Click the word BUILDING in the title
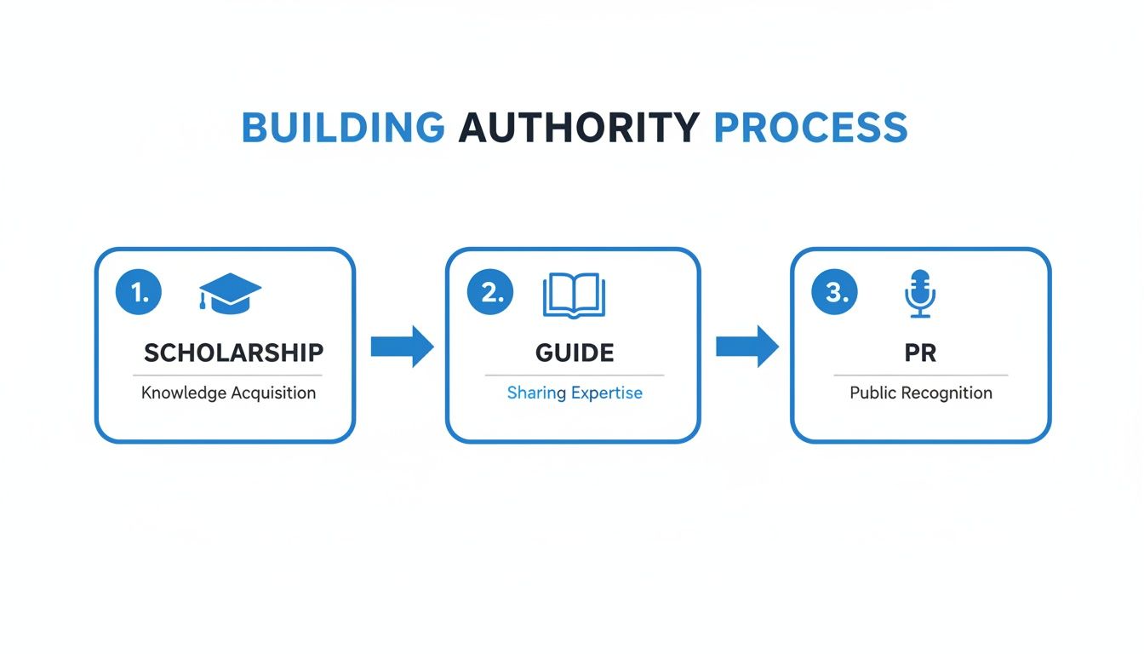[343, 128]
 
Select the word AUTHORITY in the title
[579, 128]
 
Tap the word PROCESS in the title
[810, 128]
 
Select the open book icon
[574, 295]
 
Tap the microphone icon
[919, 294]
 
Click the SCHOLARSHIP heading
[233, 353]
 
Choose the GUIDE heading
[575, 353]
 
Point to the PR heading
[920, 353]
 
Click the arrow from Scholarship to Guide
[403, 346]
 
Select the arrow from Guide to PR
[746, 346]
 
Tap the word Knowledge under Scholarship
[184, 393]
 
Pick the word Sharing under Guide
[536, 393]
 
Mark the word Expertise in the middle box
[607, 393]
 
